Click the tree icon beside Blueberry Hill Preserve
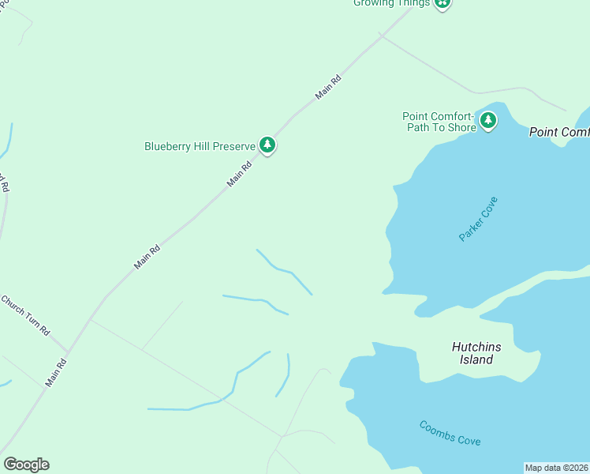tap(268, 145)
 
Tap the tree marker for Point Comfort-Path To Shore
tap(489, 121)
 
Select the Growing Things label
tap(391, 3)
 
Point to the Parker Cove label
tap(480, 219)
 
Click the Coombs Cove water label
tap(450, 433)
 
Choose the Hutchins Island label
tap(477, 353)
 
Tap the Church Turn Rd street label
tap(25, 314)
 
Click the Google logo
tap(26, 465)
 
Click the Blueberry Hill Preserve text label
tap(200, 146)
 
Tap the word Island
tap(476, 360)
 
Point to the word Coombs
tap(435, 429)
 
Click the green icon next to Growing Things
tap(443, 3)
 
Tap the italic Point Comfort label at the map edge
tap(559, 132)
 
